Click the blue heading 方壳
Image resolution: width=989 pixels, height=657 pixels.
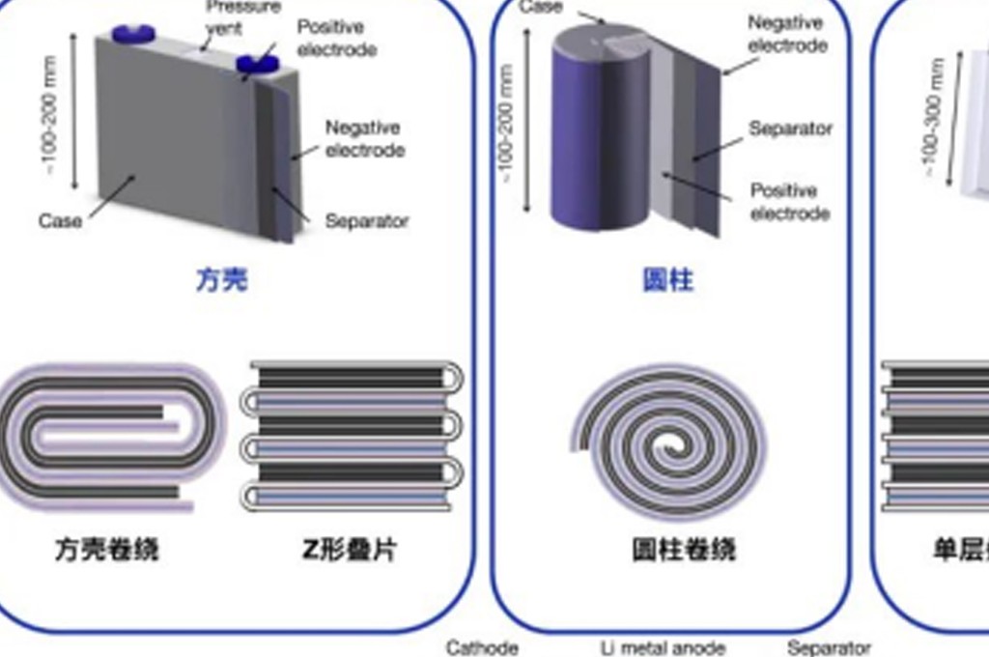(222, 280)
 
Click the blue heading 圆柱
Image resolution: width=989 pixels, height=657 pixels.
(668, 280)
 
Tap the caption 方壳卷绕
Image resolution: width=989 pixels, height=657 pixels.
(105, 550)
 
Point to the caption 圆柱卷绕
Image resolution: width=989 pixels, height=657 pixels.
(684, 550)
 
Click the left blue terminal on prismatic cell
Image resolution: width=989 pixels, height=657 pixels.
(133, 34)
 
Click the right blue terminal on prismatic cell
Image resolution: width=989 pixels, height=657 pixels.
(258, 65)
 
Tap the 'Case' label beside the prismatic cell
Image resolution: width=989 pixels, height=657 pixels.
(60, 221)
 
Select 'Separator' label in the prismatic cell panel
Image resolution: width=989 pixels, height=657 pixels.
(367, 221)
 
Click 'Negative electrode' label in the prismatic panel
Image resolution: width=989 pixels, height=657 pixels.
(364, 139)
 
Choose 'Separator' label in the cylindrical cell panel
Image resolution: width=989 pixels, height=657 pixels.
(790, 129)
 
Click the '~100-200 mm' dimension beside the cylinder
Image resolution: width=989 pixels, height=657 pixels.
(507, 122)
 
